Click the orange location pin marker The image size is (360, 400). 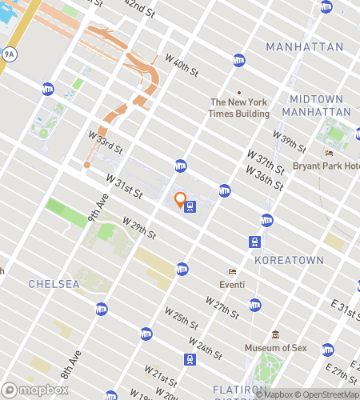[180, 199]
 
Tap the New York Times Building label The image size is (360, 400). [239, 108]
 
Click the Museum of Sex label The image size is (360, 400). [275, 347]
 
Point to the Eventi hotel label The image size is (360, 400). [234, 283]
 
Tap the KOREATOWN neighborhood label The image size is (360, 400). [288, 260]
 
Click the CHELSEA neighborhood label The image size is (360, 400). [53, 284]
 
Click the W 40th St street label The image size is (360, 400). [182, 66]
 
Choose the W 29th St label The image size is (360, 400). [138, 227]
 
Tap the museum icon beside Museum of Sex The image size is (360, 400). [275, 334]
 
